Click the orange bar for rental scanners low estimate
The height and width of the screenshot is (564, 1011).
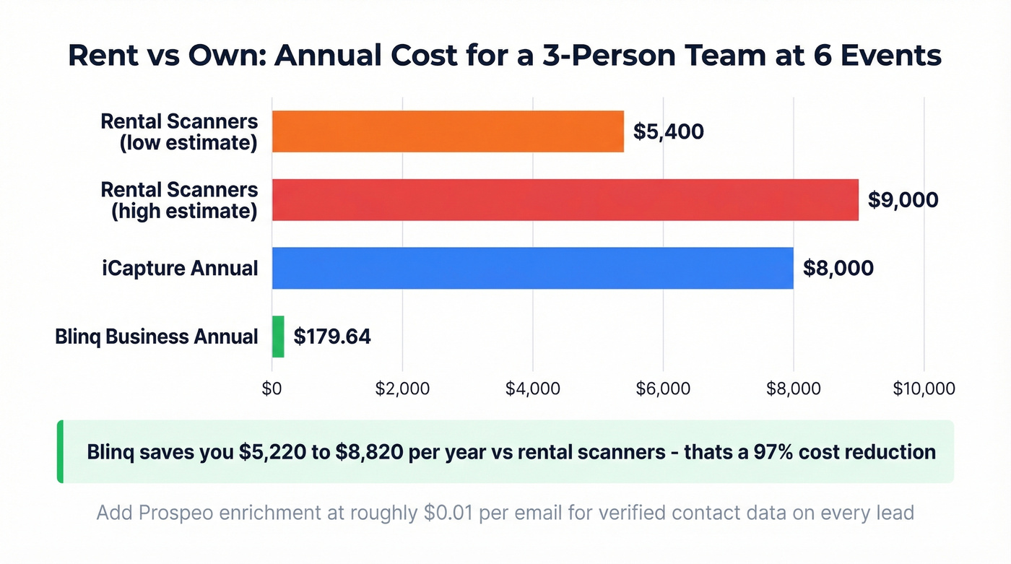point(448,131)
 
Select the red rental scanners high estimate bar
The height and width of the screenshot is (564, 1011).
point(565,200)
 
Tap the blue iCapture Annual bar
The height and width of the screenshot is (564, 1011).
point(532,268)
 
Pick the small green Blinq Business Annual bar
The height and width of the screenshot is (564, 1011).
point(278,337)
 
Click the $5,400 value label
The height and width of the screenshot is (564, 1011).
point(668,131)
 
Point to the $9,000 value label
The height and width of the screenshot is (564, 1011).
point(903,200)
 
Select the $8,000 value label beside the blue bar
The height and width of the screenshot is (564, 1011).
point(838,268)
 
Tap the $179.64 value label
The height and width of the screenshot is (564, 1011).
point(332,337)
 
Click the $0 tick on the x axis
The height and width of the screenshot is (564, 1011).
point(272,389)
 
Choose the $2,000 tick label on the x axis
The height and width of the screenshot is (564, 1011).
point(402,389)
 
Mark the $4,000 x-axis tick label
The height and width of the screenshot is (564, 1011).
point(533,389)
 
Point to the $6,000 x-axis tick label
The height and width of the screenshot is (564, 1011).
point(663,389)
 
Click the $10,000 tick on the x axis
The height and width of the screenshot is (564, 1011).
point(924,389)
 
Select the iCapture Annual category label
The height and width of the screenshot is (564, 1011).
point(179,268)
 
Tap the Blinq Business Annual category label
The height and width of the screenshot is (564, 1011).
point(157,337)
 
